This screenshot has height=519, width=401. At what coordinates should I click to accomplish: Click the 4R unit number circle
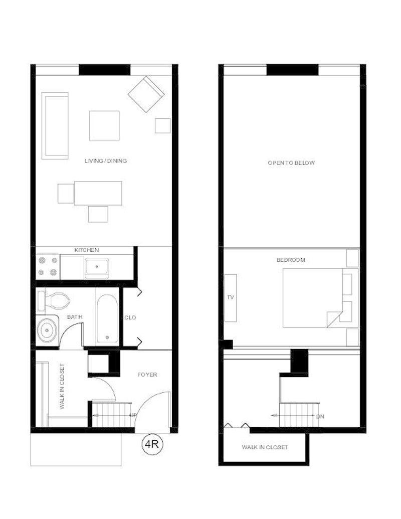152,444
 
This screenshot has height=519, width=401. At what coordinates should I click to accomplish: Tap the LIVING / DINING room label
106,161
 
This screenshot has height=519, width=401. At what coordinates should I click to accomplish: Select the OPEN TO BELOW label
291,163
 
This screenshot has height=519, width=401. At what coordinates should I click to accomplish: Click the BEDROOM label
291,260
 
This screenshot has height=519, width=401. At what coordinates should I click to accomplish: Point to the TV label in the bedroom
230,297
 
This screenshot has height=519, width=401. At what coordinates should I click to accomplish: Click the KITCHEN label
86,250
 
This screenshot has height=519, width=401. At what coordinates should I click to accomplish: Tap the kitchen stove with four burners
48,266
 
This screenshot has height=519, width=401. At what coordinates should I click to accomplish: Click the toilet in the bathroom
53,300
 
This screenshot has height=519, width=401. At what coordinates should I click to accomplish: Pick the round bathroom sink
47,330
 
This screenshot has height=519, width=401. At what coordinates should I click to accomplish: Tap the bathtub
107,318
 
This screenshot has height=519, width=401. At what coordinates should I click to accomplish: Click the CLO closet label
130,317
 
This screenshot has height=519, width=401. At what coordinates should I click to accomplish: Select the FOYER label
147,375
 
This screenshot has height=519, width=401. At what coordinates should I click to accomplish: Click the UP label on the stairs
133,415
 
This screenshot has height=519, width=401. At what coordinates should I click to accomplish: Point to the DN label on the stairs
320,416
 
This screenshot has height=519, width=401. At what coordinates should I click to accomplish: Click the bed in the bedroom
313,298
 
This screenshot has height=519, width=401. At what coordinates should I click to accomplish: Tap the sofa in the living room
55,126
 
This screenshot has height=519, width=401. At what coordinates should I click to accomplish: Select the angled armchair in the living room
146,94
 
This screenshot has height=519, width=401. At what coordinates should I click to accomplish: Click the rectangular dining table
98,193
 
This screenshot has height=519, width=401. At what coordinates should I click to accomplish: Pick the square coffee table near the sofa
104,126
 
